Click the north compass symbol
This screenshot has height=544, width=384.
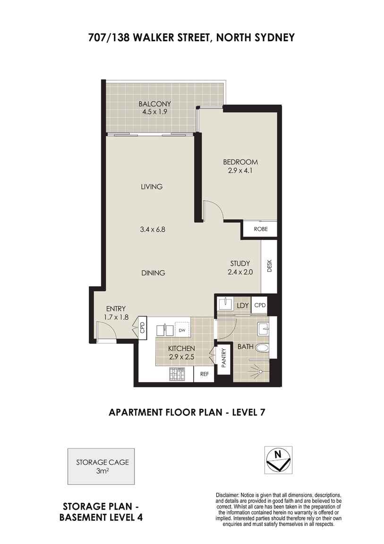point(278,460)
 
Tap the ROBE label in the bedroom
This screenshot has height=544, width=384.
point(261,229)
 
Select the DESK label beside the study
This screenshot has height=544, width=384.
point(270,267)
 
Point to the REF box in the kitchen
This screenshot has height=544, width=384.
point(205,374)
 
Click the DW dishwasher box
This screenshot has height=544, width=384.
point(182,330)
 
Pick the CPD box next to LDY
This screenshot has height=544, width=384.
point(260,306)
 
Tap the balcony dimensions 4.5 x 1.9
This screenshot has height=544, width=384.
point(155,112)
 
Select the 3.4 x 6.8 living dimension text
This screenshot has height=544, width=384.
point(152,230)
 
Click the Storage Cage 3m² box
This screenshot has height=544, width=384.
point(101,466)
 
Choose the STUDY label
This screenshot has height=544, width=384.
point(240,263)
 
